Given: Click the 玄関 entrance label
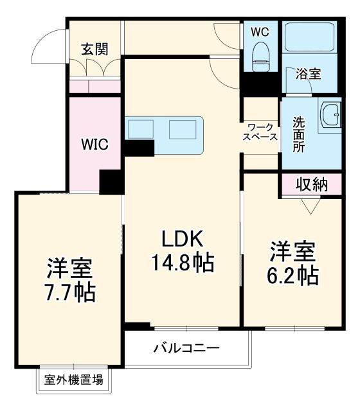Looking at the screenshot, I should (x=94, y=49).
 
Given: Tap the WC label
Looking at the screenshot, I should (x=260, y=31).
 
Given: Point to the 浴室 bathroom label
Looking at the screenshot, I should (x=308, y=74).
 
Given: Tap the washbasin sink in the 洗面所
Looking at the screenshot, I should (x=331, y=117).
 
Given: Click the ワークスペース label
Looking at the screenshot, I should (x=260, y=132).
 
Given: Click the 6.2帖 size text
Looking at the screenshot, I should (x=293, y=275).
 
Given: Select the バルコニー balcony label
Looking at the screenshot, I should (x=186, y=349).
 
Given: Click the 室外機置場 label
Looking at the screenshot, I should (x=73, y=380).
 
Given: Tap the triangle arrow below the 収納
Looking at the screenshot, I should (x=311, y=205).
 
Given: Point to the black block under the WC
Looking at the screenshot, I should (x=260, y=84).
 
